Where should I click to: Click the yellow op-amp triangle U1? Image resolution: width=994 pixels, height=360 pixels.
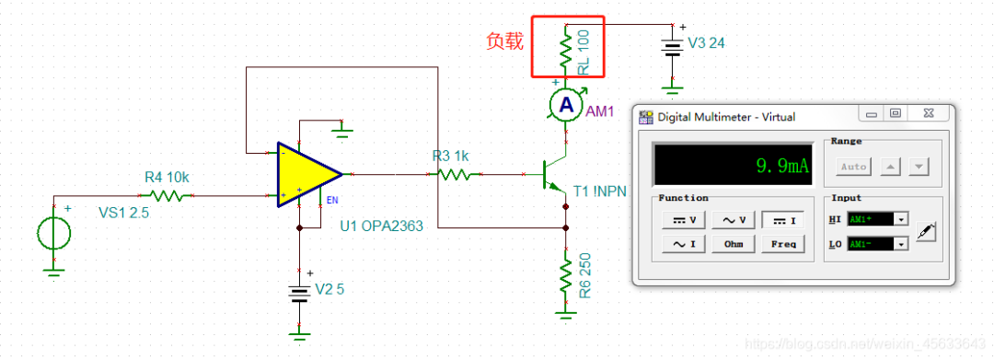coord(306,174)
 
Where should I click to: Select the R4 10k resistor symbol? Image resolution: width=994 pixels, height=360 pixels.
coord(166,195)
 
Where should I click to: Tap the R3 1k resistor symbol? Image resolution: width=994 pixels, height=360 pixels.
coord(455,173)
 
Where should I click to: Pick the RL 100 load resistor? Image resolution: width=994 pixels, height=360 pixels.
coord(565,45)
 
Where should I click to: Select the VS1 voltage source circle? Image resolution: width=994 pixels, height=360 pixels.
coord(54,233)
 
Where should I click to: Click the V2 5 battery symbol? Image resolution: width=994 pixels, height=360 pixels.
coord(297,294)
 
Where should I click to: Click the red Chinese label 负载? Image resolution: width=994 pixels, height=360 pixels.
coord(504,41)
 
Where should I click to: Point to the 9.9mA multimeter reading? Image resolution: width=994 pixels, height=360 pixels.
coord(781,166)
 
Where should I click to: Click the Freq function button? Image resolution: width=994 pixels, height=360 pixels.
coord(785,244)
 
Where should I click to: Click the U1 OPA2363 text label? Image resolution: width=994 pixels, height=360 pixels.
coord(381,225)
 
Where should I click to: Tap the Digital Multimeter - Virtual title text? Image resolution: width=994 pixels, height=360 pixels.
coord(726,117)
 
